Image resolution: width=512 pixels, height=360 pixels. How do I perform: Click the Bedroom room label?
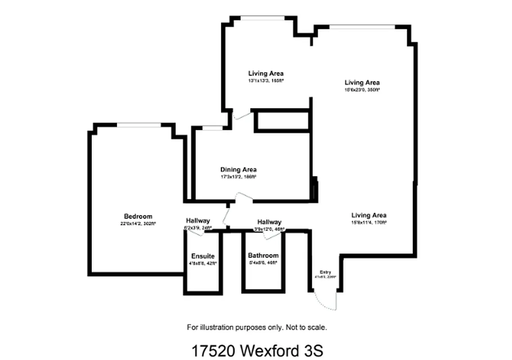click(x=138, y=216)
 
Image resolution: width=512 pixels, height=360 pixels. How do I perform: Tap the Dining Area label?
click(x=238, y=170)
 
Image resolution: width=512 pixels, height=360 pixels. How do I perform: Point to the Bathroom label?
click(x=263, y=256)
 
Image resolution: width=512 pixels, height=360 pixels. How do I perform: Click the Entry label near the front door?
click(x=325, y=272)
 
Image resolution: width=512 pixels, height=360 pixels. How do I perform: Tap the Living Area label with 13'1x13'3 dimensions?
click(x=266, y=73)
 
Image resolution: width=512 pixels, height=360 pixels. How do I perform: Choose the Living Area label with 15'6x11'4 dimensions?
click(x=369, y=215)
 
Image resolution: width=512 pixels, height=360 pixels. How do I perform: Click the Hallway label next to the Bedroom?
click(x=198, y=220)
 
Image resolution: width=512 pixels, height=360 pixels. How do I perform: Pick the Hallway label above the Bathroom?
click(x=269, y=222)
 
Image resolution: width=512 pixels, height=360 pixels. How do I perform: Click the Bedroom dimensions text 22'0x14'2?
click(x=138, y=223)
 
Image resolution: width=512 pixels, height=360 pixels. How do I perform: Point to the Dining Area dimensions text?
click(x=238, y=177)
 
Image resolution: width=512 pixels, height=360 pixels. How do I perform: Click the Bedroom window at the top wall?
click(x=139, y=125)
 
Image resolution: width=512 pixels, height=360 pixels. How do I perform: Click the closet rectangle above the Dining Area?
click(x=282, y=121)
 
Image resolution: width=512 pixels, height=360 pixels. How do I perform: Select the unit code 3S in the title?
click(x=314, y=351)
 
